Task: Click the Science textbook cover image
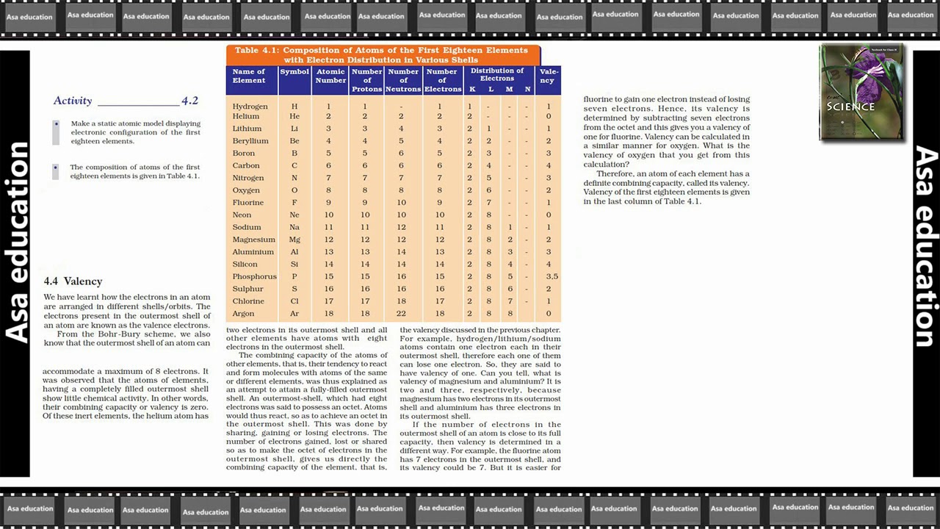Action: click(861, 93)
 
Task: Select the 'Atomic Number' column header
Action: click(330, 76)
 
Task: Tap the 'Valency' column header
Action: click(549, 76)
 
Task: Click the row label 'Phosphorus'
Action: click(254, 276)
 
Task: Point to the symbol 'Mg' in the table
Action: click(294, 240)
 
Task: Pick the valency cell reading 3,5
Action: click(552, 276)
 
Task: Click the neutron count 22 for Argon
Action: click(401, 313)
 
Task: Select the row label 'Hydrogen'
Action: click(250, 107)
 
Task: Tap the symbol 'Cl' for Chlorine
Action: click(294, 301)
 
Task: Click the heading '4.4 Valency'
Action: click(73, 281)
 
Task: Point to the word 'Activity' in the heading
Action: click(73, 101)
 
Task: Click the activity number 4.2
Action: click(189, 101)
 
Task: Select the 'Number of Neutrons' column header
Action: click(403, 80)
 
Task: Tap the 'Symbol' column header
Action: click(294, 71)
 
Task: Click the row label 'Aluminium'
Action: click(253, 252)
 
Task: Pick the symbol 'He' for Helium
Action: click(294, 116)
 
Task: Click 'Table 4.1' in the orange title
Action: click(257, 50)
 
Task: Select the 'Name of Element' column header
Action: click(249, 76)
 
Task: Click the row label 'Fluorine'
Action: click(247, 203)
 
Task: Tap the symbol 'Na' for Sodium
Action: click(294, 228)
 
